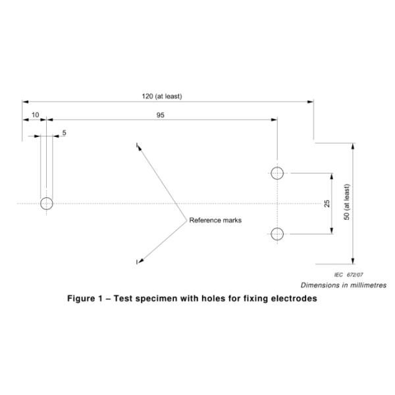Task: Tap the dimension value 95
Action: [x=161, y=115]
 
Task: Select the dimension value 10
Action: [x=35, y=115]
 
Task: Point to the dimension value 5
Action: [x=64, y=133]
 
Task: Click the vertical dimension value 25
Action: [x=327, y=203]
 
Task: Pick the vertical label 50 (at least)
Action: [x=347, y=203]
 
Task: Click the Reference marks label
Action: [x=215, y=221]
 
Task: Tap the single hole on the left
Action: [x=46, y=203]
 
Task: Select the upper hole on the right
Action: [x=277, y=173]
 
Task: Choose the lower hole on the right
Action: [x=277, y=233]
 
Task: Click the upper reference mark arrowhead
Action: [x=138, y=145]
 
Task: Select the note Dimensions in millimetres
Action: [x=343, y=285]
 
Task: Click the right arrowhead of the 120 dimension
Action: [x=310, y=101]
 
